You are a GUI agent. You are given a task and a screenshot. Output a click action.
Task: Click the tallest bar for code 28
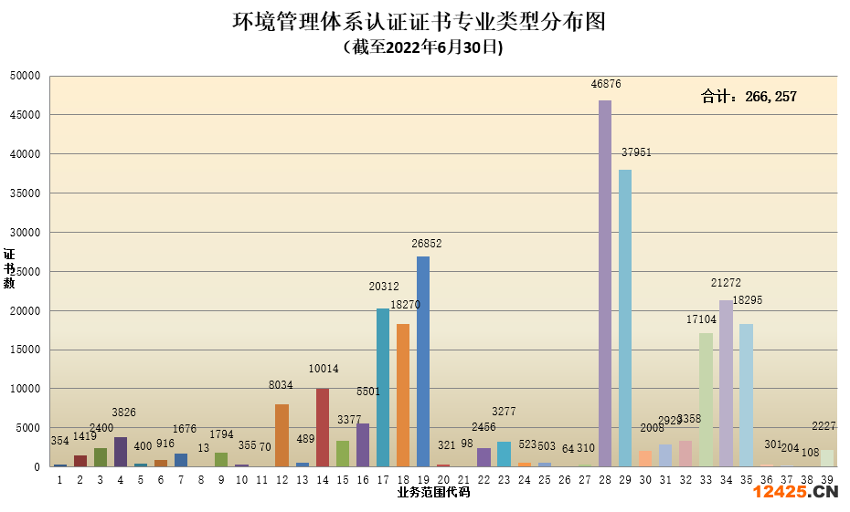tap(605, 283)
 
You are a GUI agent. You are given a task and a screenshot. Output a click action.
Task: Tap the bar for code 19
tap(423, 361)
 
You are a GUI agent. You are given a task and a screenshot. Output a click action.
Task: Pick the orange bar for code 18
tap(403, 395)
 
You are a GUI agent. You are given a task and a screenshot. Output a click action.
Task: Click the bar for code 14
tap(323, 427)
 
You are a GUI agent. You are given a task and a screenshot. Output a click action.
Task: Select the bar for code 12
tap(282, 435)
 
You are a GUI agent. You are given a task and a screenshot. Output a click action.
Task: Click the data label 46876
tap(606, 83)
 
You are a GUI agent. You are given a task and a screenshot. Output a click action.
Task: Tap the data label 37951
tap(636, 152)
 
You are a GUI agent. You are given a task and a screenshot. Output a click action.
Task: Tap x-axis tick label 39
tap(826, 478)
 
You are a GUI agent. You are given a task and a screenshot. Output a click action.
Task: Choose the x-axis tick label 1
tap(59, 478)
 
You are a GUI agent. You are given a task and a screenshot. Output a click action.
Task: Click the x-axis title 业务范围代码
tap(433, 493)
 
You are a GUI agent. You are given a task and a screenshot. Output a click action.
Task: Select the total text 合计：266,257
tap(749, 96)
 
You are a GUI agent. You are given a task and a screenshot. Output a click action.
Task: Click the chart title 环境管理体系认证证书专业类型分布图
tap(420, 21)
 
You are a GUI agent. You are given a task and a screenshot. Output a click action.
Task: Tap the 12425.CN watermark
tap(795, 493)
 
